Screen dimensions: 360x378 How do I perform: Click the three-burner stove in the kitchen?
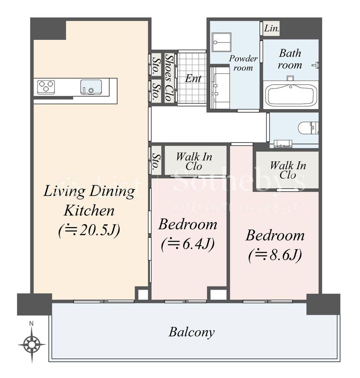pos(46,87)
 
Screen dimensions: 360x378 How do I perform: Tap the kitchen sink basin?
pos(91,87)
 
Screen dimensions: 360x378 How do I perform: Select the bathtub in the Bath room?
pos(291,95)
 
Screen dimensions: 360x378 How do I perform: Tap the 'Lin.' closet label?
pos(271,28)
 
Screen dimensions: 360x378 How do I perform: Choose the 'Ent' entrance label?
pos(193,78)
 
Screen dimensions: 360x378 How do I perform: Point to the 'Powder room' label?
pos(243,63)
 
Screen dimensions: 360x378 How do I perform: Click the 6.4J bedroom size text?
pos(188,244)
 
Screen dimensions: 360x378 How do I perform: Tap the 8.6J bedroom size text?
pos(275,255)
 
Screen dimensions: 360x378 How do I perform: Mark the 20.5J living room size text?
pos(89,230)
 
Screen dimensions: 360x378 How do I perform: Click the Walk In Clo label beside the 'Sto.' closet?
pos(194,161)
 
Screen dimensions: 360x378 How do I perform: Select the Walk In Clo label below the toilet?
pos(288,170)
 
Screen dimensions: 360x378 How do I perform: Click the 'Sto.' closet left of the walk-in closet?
pos(156,161)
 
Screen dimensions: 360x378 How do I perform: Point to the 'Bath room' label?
pos(290,59)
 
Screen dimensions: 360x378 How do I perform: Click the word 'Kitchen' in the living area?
pos(89,210)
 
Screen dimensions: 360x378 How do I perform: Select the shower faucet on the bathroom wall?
pos(316,65)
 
